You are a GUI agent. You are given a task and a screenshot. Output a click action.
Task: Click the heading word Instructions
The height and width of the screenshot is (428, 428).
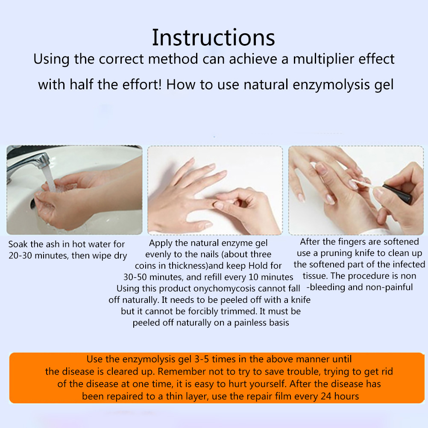pyautogui.click(x=213, y=38)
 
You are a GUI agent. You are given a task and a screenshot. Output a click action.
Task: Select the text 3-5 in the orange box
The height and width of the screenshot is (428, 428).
pyautogui.click(x=202, y=359)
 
